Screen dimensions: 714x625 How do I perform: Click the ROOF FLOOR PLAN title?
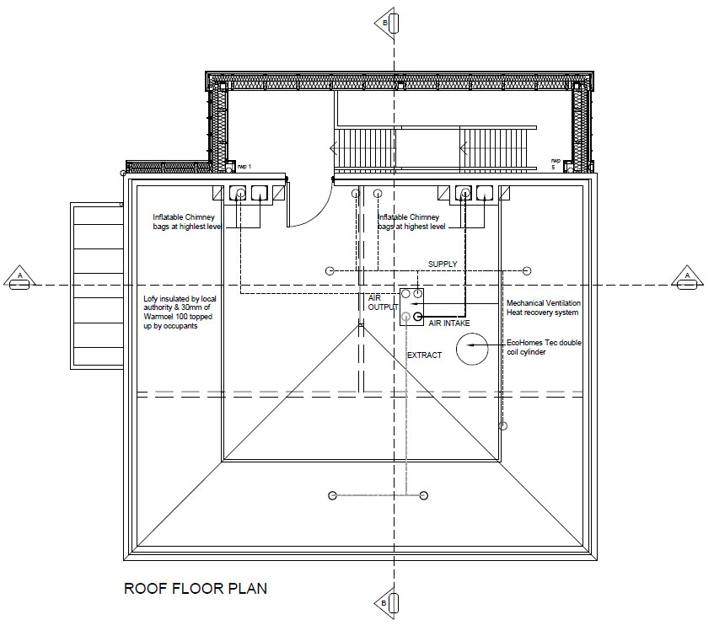click(x=196, y=589)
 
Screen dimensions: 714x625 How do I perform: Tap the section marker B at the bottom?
click(x=387, y=603)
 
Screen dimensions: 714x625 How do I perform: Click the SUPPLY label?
click(x=443, y=264)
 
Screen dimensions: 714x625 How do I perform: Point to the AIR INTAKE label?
click(x=449, y=323)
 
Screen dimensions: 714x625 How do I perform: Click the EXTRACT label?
click(x=424, y=355)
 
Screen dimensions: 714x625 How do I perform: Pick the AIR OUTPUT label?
click(x=383, y=302)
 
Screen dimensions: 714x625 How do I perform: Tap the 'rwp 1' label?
click(x=244, y=167)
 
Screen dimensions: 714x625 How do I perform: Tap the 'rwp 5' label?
click(x=556, y=163)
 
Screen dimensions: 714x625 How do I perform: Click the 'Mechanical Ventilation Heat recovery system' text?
click(x=543, y=308)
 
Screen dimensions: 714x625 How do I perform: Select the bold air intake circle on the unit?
click(x=417, y=317)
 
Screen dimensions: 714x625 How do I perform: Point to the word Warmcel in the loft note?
click(x=160, y=317)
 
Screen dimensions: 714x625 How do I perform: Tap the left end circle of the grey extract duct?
click(x=332, y=495)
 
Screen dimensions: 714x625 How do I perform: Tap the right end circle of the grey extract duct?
click(x=423, y=495)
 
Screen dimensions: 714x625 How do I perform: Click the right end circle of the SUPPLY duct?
click(x=527, y=271)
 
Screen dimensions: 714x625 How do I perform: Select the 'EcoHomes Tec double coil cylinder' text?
click(x=544, y=348)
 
